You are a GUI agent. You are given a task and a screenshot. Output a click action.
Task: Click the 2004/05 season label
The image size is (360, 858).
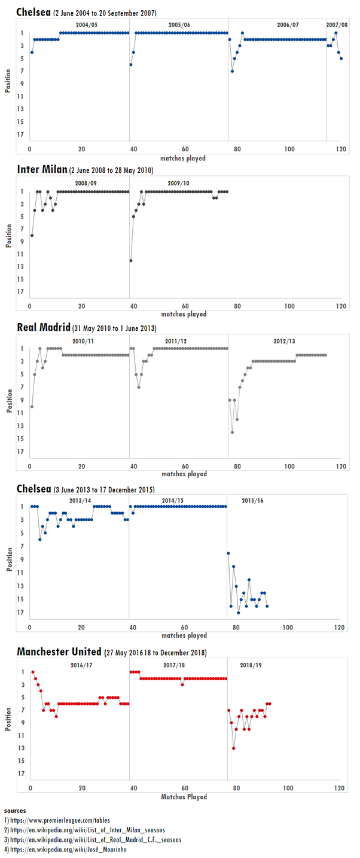tap(81, 25)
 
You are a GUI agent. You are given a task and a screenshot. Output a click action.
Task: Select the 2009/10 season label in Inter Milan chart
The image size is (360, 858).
tap(178, 183)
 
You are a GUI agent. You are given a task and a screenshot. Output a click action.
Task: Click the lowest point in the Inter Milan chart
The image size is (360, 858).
tap(131, 260)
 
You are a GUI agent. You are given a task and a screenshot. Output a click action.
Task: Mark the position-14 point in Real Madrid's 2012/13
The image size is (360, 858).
tap(232, 432)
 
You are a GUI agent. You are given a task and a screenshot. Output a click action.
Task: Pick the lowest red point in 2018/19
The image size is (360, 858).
tap(234, 748)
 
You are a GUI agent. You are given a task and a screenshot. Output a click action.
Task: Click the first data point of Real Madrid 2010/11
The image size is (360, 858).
tap(32, 406)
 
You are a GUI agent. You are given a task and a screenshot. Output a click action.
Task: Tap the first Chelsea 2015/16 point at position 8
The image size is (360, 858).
tap(228, 553)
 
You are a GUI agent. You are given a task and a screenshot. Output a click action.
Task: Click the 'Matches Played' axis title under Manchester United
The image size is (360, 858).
tap(184, 796)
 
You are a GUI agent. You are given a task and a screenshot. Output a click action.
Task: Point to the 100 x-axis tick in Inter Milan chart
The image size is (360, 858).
tap(290, 306)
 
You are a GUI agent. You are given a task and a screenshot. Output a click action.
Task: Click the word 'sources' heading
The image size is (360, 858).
tap(14, 810)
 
